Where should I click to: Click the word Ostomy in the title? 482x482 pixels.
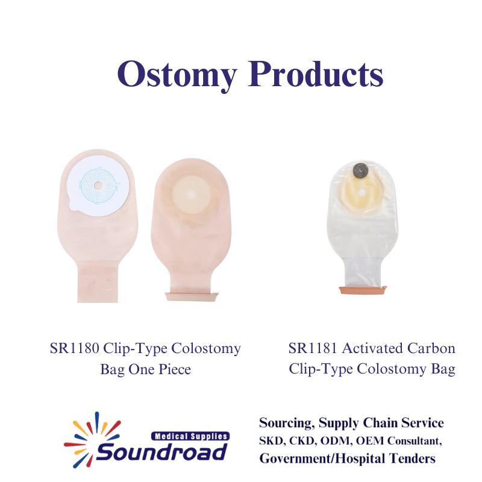point(177,75)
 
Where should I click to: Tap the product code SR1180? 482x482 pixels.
point(74,348)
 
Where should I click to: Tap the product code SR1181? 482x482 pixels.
point(313,348)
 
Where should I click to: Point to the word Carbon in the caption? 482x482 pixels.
point(431,348)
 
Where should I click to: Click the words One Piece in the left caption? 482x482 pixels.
point(160,369)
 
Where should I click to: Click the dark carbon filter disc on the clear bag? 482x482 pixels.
point(358,170)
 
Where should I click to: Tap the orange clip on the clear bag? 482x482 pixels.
point(363,290)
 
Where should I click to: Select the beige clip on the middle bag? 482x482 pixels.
point(192,296)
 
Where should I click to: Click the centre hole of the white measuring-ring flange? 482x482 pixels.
point(99,186)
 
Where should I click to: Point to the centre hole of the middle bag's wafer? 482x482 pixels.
point(192,194)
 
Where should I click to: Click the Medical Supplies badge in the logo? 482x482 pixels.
point(190,436)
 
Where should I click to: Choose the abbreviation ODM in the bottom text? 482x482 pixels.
point(336,441)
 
